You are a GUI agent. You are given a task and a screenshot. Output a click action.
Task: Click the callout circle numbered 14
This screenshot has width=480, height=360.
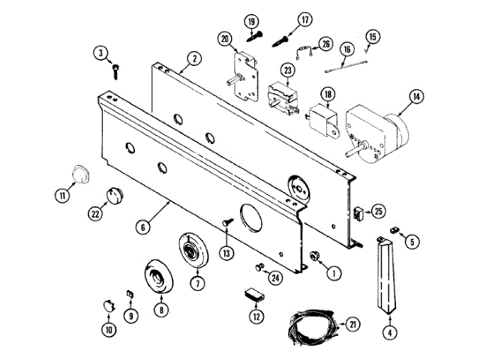coord(415,96)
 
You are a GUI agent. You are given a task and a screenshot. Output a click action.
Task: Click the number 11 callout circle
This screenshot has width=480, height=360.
coord(62,196)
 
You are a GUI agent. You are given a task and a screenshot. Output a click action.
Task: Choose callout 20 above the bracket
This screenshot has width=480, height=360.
coord(224,38)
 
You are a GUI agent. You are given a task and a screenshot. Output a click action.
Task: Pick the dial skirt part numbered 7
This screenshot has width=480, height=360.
coord(193,250)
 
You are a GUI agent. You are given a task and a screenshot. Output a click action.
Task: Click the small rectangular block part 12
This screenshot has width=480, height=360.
coord(255,294)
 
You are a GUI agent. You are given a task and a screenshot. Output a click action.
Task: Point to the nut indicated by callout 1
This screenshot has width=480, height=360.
coord(315,256)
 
